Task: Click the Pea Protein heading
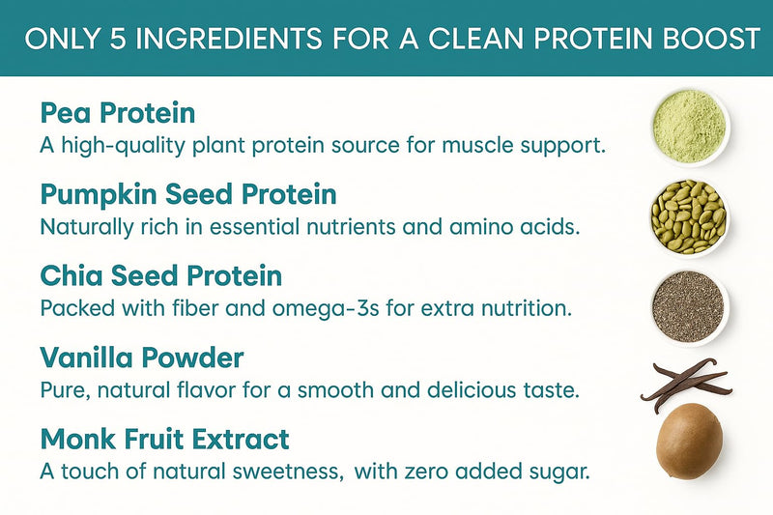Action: [117, 113]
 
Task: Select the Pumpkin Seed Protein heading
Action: [188, 194]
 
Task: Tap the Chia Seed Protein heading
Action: [161, 276]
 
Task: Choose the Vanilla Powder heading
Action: [142, 358]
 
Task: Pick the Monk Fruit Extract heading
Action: [164, 441]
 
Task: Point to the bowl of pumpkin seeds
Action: [688, 215]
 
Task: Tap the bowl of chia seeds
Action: [688, 304]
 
